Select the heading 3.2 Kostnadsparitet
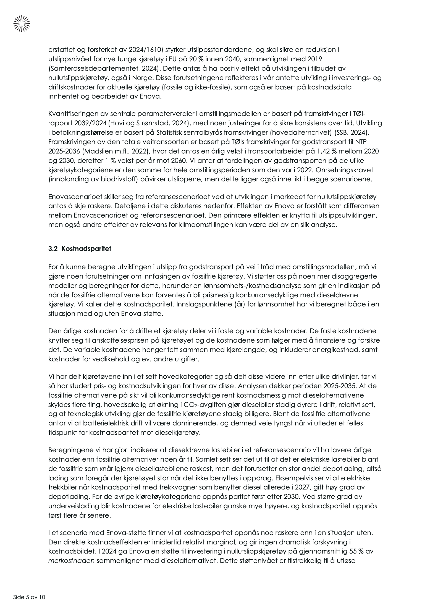point(80,249)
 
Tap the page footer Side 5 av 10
point(29,597)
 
